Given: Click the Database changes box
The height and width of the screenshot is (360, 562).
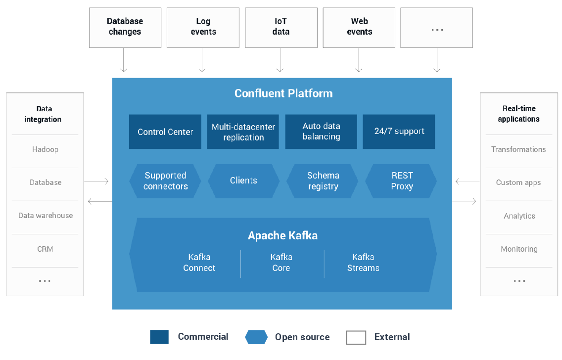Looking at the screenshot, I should click(x=125, y=27).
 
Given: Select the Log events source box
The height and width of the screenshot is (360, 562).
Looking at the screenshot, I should click(x=203, y=27).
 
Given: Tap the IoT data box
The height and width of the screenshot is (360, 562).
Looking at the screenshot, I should click(x=281, y=27).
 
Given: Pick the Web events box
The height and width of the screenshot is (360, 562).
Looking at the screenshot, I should click(x=359, y=27).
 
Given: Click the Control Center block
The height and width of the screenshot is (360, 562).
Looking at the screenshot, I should click(x=165, y=132).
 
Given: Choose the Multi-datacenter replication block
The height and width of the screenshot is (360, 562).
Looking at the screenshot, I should click(x=243, y=132).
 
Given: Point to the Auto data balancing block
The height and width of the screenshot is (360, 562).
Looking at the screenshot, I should click(x=321, y=132).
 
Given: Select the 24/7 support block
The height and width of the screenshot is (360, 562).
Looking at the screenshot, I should click(x=399, y=132).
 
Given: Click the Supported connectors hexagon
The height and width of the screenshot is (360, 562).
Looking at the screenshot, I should click(x=165, y=181).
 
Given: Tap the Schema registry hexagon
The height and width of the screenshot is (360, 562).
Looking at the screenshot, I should click(x=323, y=181).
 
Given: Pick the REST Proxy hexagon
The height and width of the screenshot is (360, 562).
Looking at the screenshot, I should click(x=401, y=181).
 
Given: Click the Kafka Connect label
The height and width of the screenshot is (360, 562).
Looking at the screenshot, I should click(x=199, y=263).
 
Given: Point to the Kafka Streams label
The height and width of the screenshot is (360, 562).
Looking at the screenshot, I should click(x=363, y=263).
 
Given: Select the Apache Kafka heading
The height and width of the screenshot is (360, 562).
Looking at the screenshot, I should click(x=282, y=235).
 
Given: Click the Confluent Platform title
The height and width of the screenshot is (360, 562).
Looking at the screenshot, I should click(x=283, y=93).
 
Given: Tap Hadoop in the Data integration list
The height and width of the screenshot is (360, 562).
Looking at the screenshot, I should click(x=45, y=149).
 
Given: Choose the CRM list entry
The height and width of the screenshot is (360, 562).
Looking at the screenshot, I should click(x=45, y=249).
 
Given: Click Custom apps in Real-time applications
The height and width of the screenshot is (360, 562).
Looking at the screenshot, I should click(x=518, y=182).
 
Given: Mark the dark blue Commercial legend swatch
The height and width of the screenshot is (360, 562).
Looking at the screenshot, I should click(x=159, y=337).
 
